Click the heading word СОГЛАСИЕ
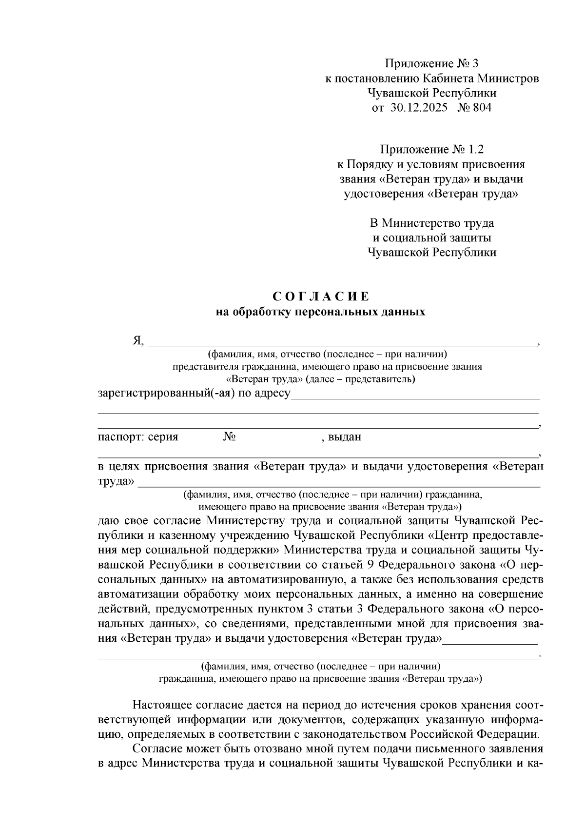click(x=320, y=297)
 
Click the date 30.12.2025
click(x=419, y=108)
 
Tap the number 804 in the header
click(x=482, y=108)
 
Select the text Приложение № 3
click(x=432, y=64)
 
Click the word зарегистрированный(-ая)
click(x=166, y=394)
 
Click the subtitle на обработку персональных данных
click(x=320, y=312)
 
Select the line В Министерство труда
click(x=432, y=223)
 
